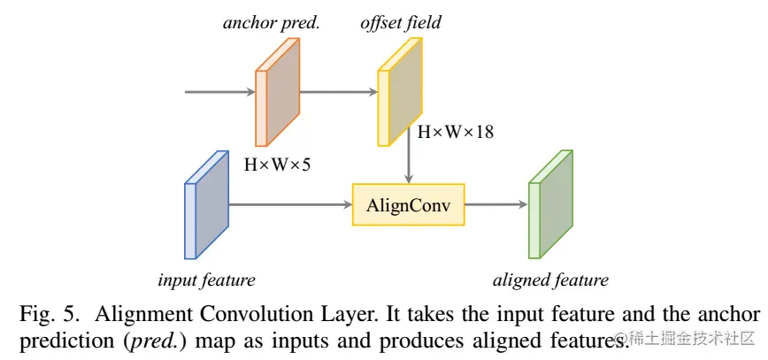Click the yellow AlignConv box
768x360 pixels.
(408, 205)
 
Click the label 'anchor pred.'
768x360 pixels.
(270, 23)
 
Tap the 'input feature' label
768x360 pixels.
(206, 281)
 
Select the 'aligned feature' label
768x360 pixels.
(550, 281)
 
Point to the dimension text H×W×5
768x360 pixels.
(277, 164)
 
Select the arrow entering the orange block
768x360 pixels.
(219, 91)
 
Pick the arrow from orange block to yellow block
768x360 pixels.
(338, 91)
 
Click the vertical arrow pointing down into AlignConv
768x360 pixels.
(408, 162)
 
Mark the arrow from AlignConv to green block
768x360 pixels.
(495, 205)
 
